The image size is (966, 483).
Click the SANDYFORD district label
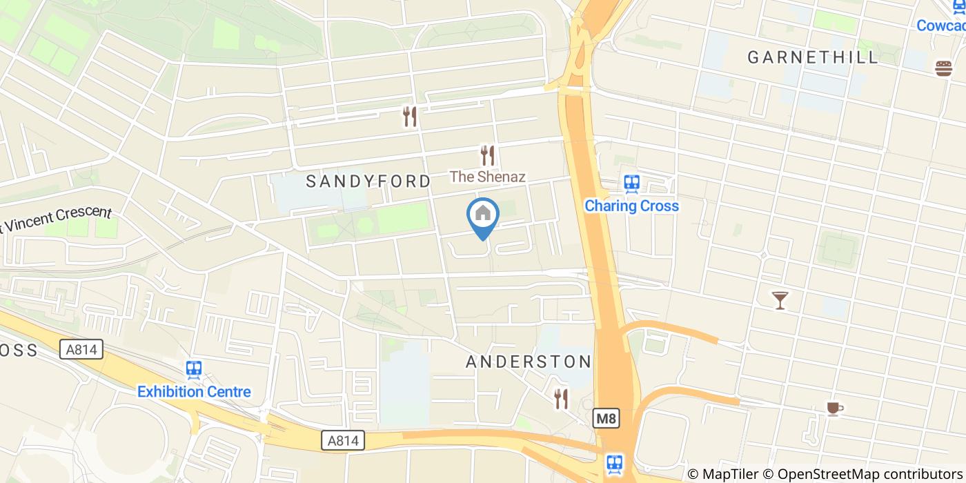pyautogui.click(x=368, y=181)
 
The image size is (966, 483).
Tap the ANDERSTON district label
pyautogui.click(x=529, y=362)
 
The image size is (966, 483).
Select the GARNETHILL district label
pyautogui.click(x=814, y=57)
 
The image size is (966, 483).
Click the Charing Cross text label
pyautogui.click(x=631, y=206)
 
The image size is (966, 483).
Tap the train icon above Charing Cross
pyautogui.click(x=631, y=184)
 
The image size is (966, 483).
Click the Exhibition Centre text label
pyautogui.click(x=194, y=392)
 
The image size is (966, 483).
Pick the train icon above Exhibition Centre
pyautogui.click(x=194, y=369)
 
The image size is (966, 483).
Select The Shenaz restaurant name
pyautogui.click(x=488, y=177)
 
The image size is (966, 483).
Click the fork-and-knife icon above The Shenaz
pyautogui.click(x=488, y=155)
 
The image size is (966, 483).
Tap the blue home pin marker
pyautogui.click(x=483, y=216)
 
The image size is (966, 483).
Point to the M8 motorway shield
pyautogui.click(x=605, y=418)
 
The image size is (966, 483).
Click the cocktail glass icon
pyautogui.click(x=780, y=299)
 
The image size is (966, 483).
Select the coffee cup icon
pyautogui.click(x=834, y=408)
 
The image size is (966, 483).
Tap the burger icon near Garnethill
pyautogui.click(x=943, y=68)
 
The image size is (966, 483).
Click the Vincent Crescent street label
pyautogui.click(x=59, y=219)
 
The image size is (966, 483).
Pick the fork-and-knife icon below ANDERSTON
pyautogui.click(x=562, y=398)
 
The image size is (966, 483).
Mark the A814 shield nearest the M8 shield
pyautogui.click(x=343, y=440)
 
